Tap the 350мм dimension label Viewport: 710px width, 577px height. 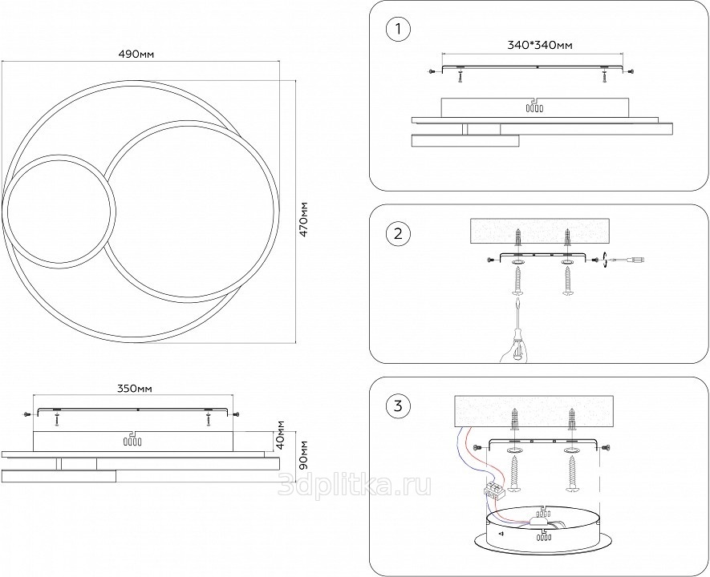[134, 389]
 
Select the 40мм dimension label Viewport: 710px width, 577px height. [280, 433]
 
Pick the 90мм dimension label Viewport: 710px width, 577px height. [304, 454]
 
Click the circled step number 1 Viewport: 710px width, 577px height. [397, 30]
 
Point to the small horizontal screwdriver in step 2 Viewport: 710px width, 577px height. [631, 259]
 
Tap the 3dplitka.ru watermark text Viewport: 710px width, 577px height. [354, 482]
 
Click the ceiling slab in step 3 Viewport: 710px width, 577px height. [534, 412]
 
